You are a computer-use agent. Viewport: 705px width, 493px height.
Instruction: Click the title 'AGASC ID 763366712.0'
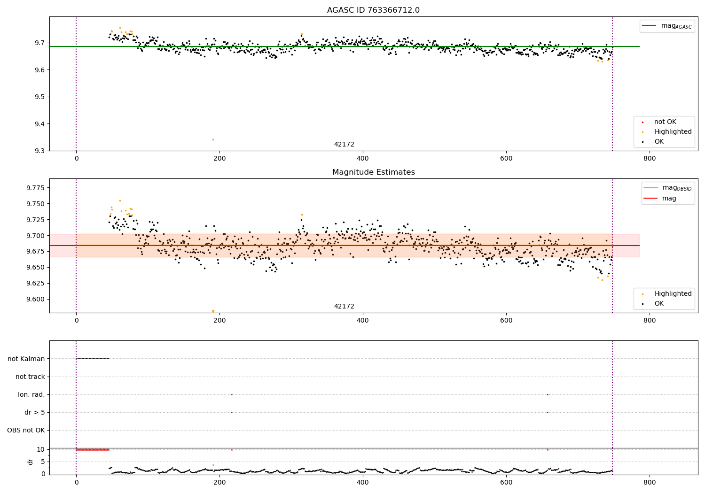(373, 10)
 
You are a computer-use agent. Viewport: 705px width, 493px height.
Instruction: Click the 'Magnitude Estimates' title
(373, 172)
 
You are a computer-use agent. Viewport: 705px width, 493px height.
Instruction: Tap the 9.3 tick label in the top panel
(39, 151)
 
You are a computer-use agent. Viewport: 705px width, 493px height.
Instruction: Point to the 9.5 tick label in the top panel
(39, 97)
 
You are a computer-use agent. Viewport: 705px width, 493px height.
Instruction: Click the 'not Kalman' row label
(26, 359)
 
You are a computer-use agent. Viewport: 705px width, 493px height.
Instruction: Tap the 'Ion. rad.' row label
(31, 395)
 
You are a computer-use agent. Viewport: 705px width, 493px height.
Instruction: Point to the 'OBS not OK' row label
(26, 431)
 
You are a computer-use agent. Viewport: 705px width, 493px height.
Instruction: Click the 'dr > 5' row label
(35, 413)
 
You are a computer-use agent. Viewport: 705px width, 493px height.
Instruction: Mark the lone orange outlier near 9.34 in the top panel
(213, 139)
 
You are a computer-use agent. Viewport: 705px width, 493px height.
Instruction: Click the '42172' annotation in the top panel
(344, 145)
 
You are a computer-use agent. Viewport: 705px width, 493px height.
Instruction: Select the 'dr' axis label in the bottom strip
(31, 462)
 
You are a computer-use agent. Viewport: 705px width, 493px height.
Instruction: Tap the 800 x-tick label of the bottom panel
(649, 483)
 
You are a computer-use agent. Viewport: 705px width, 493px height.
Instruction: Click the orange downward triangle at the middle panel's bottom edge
(213, 311)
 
